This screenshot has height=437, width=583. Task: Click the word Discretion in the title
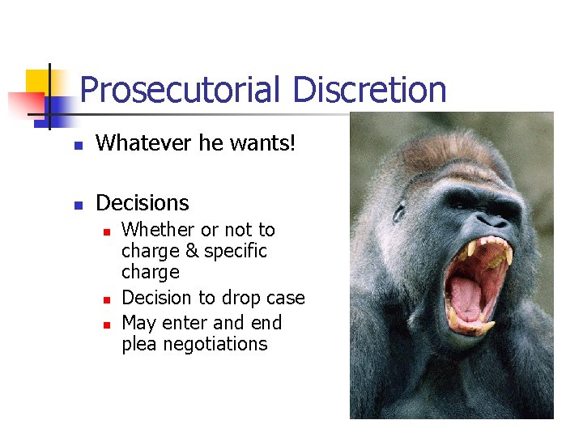point(369,90)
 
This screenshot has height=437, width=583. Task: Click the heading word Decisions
point(142,202)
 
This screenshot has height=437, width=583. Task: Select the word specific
point(236,251)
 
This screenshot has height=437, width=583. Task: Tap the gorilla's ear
point(398,211)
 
